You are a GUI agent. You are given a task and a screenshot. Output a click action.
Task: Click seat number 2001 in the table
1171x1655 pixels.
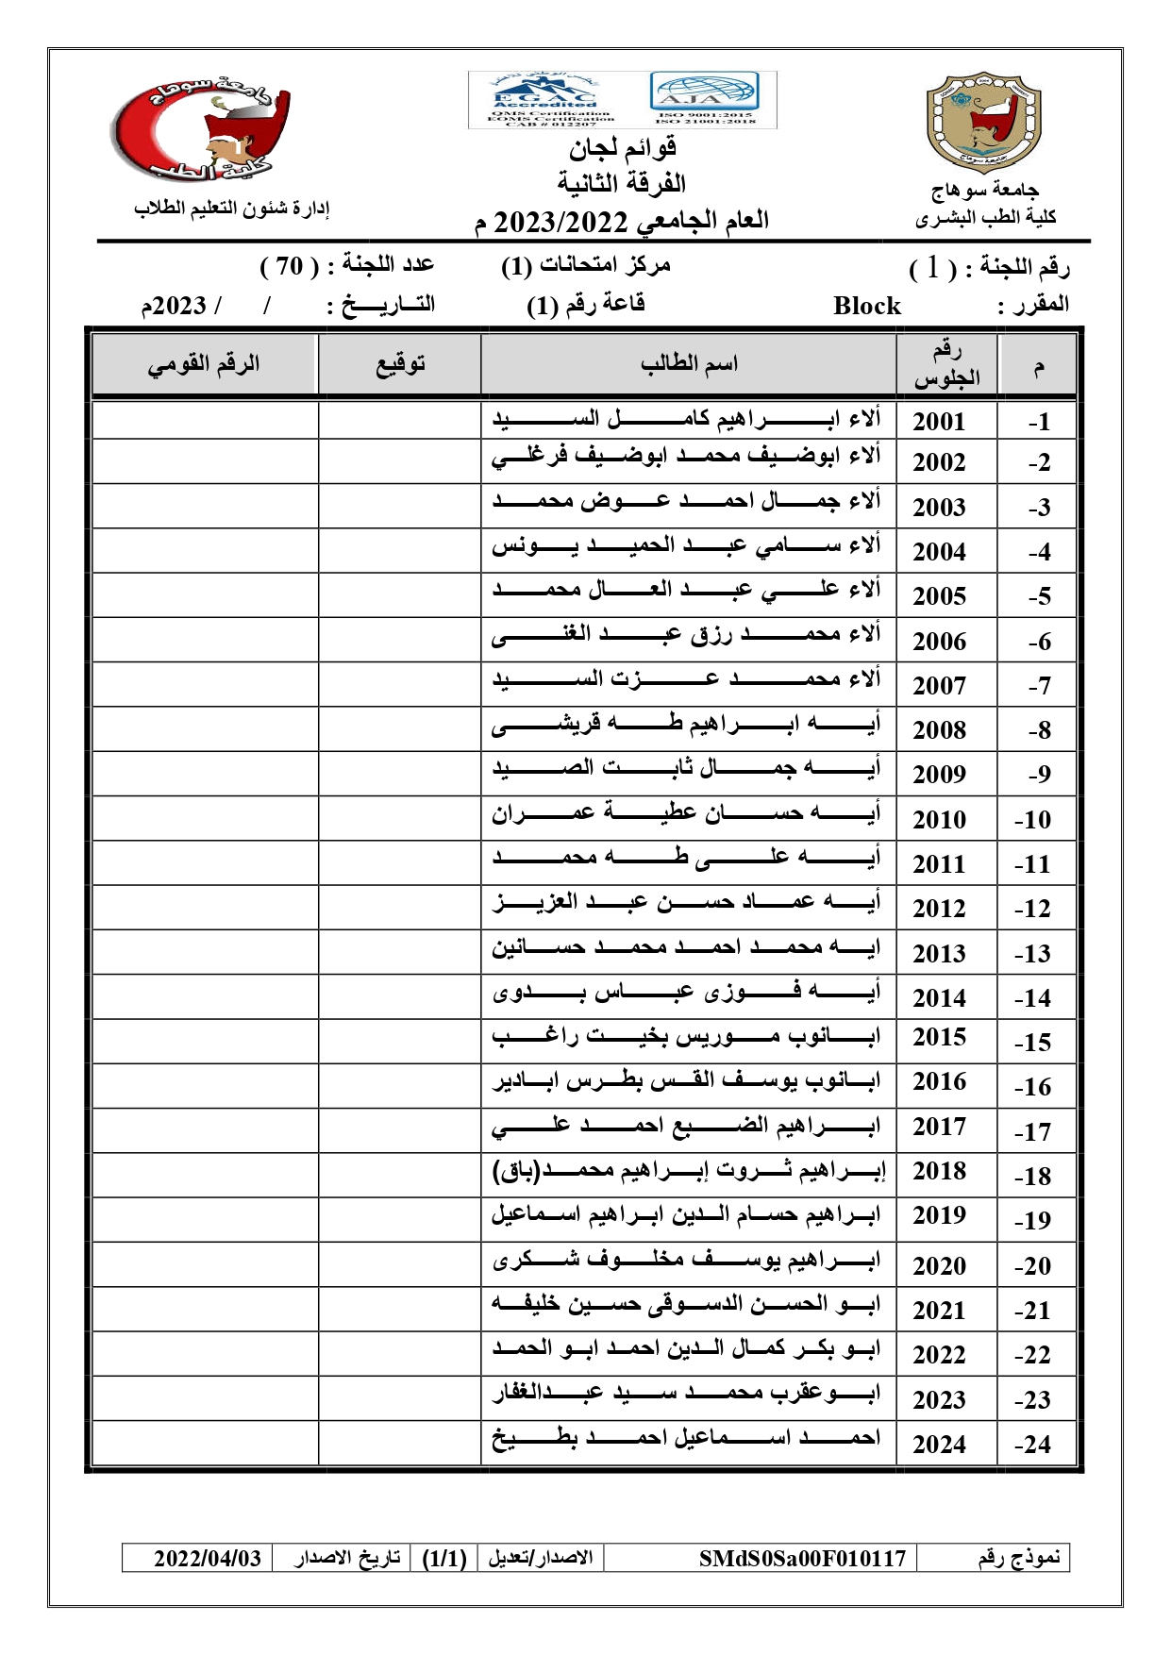tap(939, 422)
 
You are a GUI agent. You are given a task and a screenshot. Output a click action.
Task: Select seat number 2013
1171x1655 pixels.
tap(939, 953)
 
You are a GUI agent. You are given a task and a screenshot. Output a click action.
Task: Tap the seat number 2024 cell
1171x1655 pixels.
tap(939, 1444)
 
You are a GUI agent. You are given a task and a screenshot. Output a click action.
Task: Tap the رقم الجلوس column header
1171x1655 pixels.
tap(945, 365)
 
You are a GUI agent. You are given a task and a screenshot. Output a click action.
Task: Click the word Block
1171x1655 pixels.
tap(866, 306)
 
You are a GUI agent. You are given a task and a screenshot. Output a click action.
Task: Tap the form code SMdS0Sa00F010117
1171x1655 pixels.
tap(802, 1558)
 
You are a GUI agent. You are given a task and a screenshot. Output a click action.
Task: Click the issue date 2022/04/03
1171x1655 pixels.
tap(208, 1558)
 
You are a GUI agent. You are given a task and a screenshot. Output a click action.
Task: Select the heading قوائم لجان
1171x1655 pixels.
tap(622, 148)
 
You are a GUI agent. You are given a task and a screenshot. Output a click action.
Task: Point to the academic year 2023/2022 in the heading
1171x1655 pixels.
tap(560, 222)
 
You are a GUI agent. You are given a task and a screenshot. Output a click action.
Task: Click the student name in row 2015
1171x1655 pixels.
tap(686, 1037)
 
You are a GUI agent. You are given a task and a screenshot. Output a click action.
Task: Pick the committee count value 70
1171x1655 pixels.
tap(289, 266)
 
